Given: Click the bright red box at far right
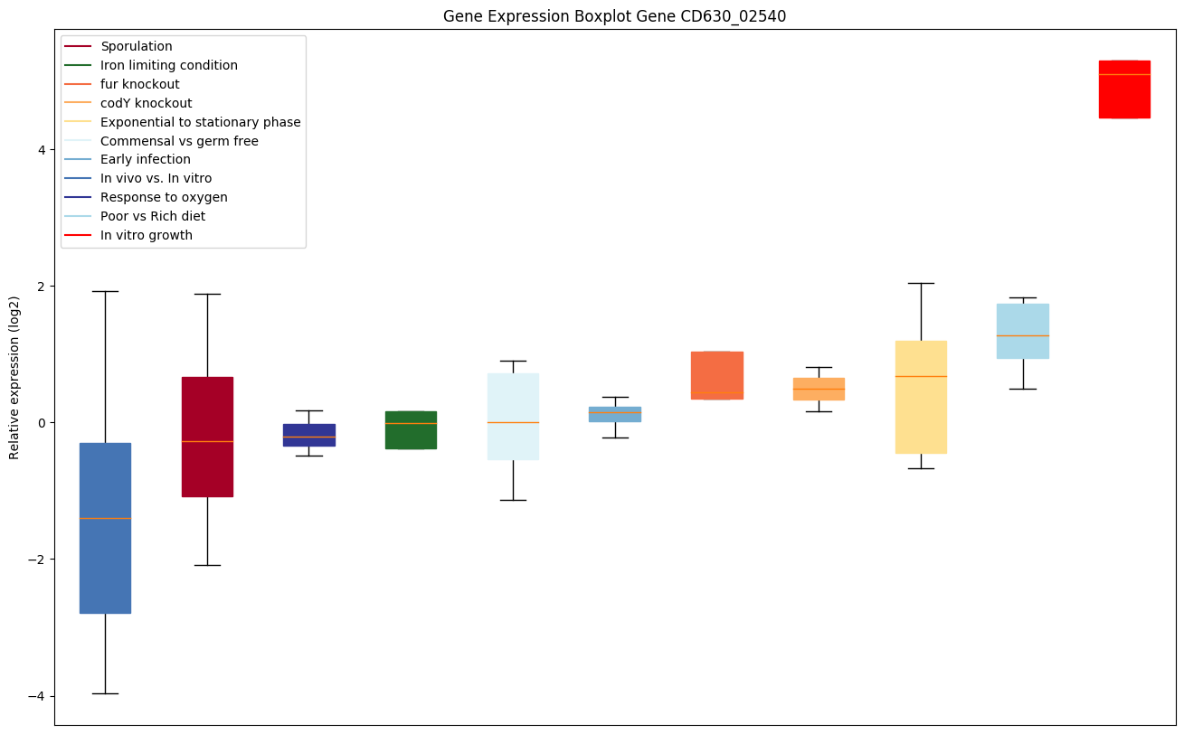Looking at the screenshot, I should coord(1123,89).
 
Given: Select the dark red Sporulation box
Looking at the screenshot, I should coord(207,437).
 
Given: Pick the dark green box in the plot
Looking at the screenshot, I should coord(411,430).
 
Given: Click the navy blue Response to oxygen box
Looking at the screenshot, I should coord(309,435).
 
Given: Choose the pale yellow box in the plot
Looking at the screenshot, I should coord(921,397).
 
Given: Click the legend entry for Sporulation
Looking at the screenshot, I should coord(137,46).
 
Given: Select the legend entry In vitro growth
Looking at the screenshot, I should coord(147,236).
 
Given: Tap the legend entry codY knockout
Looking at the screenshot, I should coord(147,103).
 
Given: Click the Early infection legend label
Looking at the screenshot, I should coord(146,160).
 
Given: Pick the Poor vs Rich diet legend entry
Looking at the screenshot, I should coord(153,217).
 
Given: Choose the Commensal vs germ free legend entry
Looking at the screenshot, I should coord(179,141).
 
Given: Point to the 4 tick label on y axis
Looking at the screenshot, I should coord(42,149).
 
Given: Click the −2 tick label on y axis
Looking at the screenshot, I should coord(37,560).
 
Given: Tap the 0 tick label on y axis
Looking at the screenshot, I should coord(42,423).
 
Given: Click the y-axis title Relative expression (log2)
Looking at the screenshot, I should coord(14,377).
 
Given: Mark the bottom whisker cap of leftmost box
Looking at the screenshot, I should coord(105,693).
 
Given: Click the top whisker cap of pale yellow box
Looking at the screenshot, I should coord(921,283).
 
